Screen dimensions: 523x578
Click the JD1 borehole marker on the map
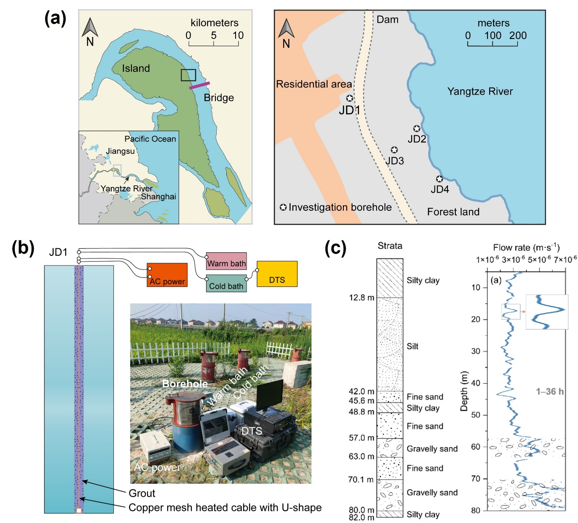349,98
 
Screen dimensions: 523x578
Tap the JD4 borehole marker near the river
439,179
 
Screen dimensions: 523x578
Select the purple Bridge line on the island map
199,85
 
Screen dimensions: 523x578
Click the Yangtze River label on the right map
480,92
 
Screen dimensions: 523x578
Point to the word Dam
388,20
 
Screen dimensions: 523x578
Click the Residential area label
314,84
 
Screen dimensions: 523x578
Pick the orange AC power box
167,275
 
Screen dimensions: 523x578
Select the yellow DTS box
277,274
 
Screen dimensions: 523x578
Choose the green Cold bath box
226,283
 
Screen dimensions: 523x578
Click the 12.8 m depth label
362,298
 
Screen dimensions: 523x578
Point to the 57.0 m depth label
362,438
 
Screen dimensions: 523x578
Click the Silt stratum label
412,346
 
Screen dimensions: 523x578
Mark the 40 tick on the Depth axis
476,383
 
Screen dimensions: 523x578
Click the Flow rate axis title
526,247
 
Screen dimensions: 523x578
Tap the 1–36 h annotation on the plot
550,392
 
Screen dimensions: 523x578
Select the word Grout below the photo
142,494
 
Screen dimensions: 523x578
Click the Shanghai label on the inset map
159,197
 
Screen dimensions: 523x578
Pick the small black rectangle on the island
188,75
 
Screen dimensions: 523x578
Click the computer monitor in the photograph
270,396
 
